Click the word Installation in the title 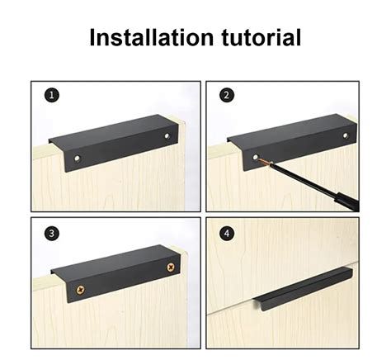[x=152, y=37]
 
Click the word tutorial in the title [x=261, y=37]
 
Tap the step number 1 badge [x=52, y=96]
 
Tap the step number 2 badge [x=227, y=95]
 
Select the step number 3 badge [x=52, y=234]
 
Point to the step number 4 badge [x=227, y=234]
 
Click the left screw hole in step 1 [x=78, y=159]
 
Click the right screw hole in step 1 [x=167, y=136]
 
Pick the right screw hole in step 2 [x=346, y=135]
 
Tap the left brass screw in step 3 [x=81, y=290]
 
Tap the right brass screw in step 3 [x=171, y=267]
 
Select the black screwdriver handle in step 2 [x=347, y=201]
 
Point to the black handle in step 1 [x=113, y=143]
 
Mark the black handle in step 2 [x=292, y=142]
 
